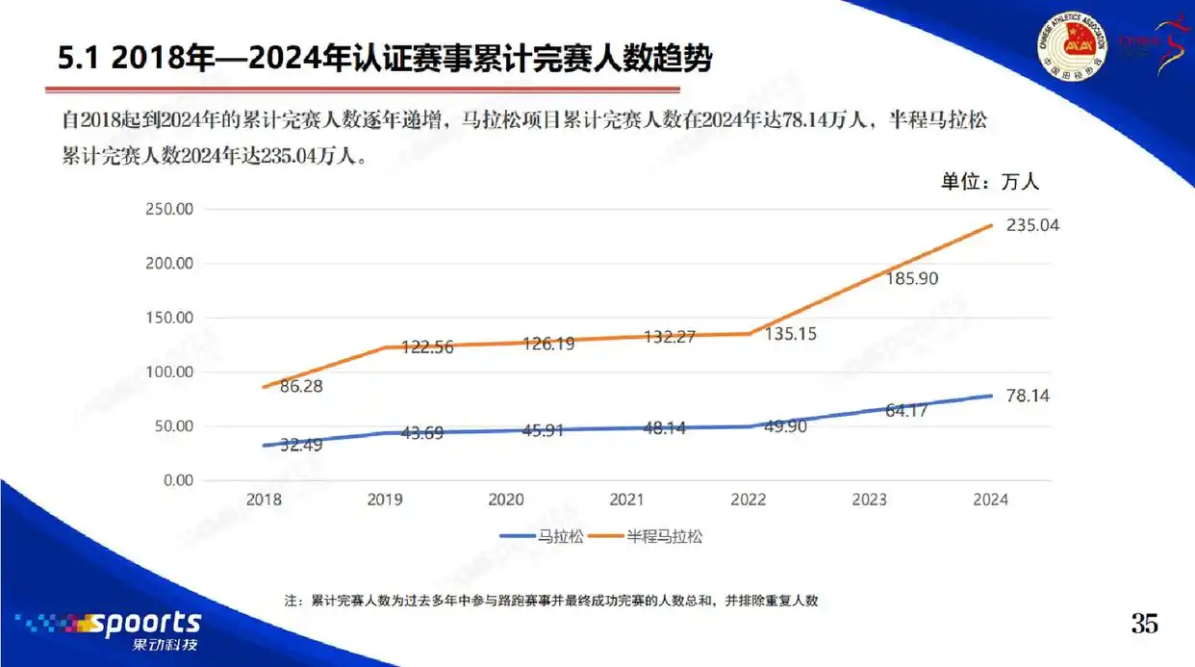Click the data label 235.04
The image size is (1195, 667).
1025,225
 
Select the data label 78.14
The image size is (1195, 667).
1026,395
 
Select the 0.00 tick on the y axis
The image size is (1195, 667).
180,480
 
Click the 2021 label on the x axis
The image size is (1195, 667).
627,500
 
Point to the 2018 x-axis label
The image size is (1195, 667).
264,500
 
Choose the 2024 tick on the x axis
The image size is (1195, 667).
990,500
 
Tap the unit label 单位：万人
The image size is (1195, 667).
989,181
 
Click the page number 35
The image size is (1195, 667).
1144,624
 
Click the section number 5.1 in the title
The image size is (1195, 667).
79,59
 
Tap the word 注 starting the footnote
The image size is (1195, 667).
292,601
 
